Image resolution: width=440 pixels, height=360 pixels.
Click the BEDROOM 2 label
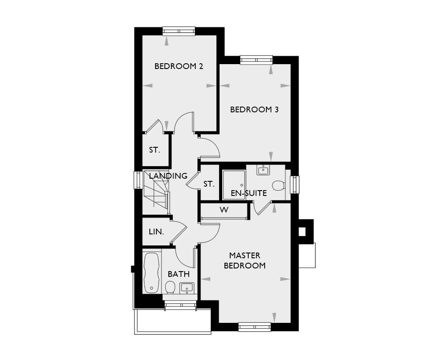(x=178, y=67)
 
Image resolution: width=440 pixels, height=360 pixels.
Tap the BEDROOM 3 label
(x=254, y=110)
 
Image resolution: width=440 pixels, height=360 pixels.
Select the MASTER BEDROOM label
(x=244, y=260)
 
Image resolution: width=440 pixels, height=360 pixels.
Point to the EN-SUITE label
(x=249, y=193)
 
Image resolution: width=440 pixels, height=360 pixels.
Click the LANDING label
(x=168, y=176)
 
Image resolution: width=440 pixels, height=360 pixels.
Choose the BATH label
(x=178, y=274)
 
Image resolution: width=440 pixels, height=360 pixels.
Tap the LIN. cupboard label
(x=156, y=231)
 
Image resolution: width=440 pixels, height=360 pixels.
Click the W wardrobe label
(x=224, y=210)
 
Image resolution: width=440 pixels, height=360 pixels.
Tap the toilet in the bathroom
(x=170, y=287)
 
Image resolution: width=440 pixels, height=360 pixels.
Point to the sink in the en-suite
(x=263, y=170)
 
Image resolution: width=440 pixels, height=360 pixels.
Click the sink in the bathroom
(x=187, y=288)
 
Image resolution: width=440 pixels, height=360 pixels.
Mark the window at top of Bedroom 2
(x=179, y=31)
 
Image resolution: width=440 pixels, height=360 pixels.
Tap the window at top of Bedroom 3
(x=256, y=60)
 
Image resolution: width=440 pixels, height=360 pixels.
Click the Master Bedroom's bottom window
(x=254, y=327)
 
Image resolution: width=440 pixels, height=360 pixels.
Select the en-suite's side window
(x=295, y=184)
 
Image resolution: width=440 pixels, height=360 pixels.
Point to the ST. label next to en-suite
(x=209, y=184)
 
